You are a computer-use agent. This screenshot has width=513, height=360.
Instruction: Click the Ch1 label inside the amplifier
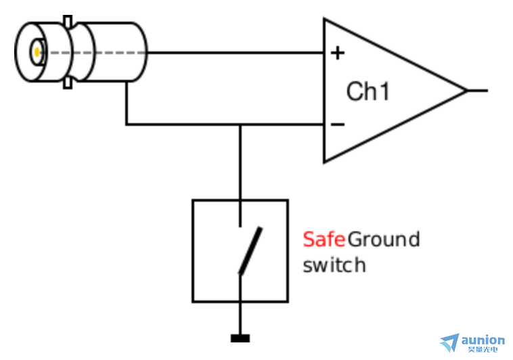point(368,91)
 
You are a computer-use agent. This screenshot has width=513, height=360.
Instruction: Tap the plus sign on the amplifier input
point(337,53)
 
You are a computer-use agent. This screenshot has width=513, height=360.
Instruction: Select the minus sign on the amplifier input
point(337,125)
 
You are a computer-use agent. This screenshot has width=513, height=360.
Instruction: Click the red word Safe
point(324,240)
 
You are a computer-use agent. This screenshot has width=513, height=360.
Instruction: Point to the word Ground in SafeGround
point(384,240)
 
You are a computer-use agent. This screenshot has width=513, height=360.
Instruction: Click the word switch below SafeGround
point(334,265)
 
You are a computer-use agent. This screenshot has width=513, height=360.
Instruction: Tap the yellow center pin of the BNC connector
point(36,51)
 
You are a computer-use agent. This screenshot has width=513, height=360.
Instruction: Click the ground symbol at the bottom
point(240,338)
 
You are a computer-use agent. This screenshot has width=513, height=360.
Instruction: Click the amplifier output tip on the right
point(466,90)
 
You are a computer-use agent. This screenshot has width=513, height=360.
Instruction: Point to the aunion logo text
point(483,340)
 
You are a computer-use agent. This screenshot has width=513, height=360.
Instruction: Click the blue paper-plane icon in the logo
point(449,342)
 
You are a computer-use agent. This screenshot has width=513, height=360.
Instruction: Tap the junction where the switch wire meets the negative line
point(240,125)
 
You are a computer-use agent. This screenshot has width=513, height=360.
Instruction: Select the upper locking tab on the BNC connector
point(68,21)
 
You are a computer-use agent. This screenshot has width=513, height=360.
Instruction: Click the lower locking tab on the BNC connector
point(68,83)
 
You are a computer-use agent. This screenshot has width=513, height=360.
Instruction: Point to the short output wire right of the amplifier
point(477,90)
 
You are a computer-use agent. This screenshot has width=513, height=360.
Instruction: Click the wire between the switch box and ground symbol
point(240,318)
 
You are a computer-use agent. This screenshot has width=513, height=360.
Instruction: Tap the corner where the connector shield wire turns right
point(127,125)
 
